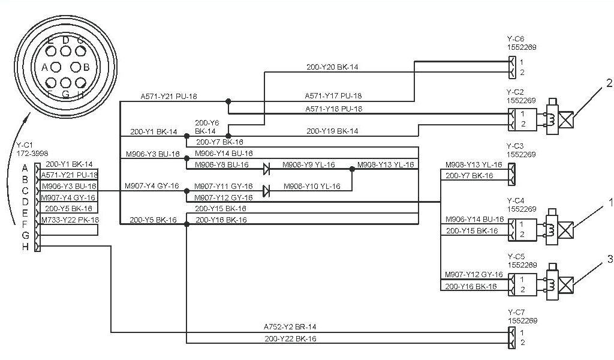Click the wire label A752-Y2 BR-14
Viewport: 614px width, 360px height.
[290, 327]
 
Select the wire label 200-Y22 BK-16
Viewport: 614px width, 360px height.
[290, 339]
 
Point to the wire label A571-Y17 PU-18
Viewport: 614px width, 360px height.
[333, 95]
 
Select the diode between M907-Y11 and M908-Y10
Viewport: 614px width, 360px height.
[266, 191]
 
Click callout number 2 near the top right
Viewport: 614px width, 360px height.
[609, 83]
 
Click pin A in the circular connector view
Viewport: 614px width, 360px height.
[44, 67]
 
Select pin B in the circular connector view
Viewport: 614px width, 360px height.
[86, 67]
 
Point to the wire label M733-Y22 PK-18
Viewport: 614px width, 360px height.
[70, 220]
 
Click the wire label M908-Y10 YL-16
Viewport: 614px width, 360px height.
[311, 187]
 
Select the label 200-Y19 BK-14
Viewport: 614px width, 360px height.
[332, 130]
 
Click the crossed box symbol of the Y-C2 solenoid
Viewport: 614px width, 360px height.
[566, 115]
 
